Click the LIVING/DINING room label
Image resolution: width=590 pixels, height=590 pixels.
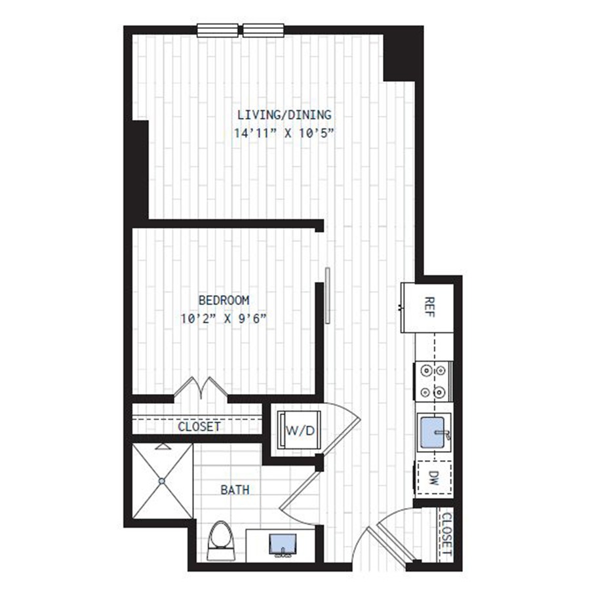click(x=285, y=115)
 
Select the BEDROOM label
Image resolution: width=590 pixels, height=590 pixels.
click(x=224, y=300)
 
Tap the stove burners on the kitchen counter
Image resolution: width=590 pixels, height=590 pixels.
click(x=433, y=382)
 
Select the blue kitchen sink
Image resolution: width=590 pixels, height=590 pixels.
click(x=434, y=433)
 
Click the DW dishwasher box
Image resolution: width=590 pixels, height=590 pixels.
click(x=433, y=481)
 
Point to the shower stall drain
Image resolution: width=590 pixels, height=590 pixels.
click(x=161, y=482)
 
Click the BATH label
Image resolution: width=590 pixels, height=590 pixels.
click(x=235, y=490)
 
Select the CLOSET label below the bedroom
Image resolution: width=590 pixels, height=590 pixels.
click(x=199, y=427)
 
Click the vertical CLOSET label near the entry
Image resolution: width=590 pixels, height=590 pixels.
click(x=447, y=534)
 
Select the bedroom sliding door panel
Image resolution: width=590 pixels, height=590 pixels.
click(x=327, y=295)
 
